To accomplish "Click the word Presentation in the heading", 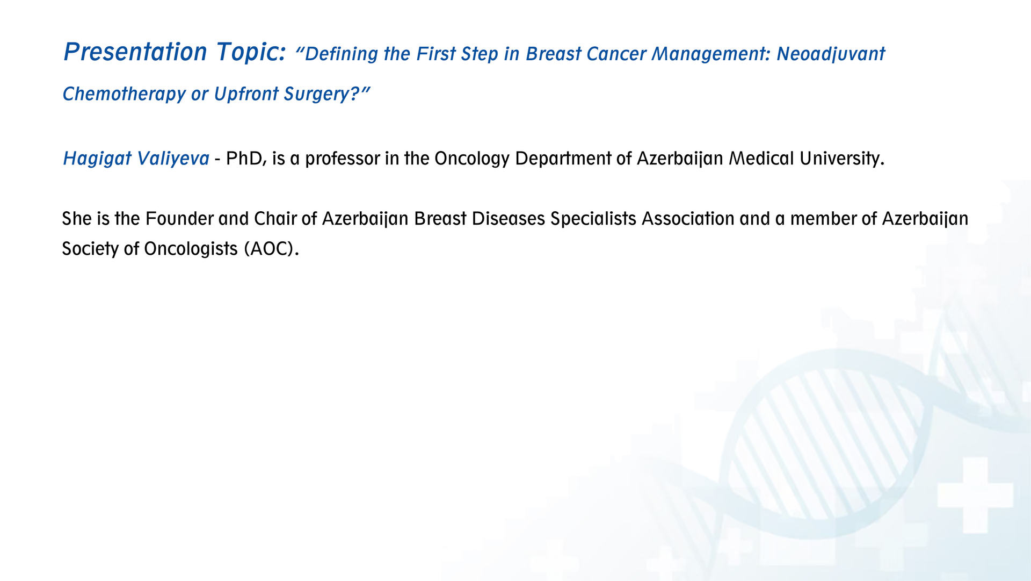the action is [x=135, y=52].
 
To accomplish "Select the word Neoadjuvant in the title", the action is [x=831, y=54].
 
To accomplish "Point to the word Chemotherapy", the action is [x=124, y=94].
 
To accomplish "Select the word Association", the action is [x=688, y=219].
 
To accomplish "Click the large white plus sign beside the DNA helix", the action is [x=975, y=494].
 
